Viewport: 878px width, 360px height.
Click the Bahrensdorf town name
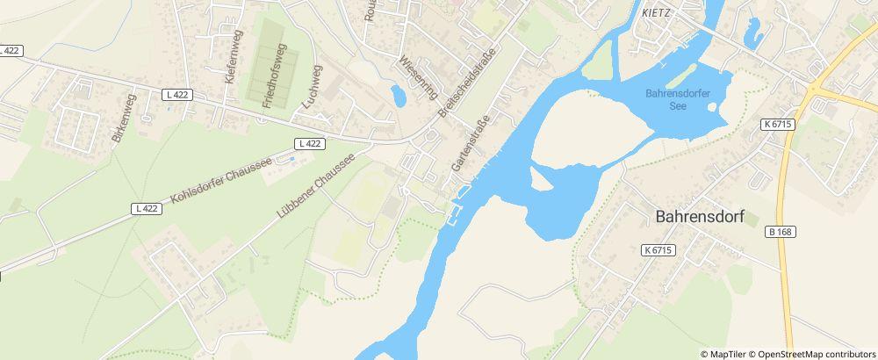pos(700,218)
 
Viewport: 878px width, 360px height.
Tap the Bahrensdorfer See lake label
pos(678,98)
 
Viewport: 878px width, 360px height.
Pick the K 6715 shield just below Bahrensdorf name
pos(657,250)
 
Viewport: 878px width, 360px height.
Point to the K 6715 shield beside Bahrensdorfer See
pos(778,124)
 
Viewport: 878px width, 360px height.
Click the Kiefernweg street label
pos(232,56)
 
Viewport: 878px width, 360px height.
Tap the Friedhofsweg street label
pos(274,77)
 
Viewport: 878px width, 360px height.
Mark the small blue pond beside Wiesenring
pos(399,95)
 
